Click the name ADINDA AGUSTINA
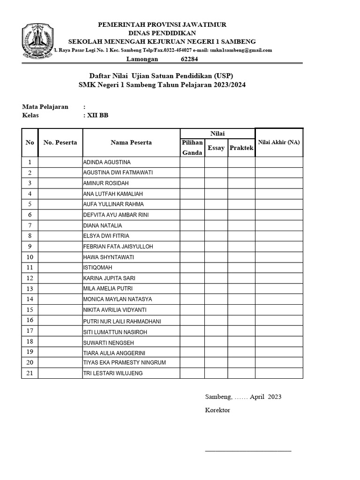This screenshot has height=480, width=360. click(x=106, y=162)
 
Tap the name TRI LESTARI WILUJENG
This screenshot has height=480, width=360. click(x=112, y=373)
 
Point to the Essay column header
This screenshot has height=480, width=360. click(x=216, y=148)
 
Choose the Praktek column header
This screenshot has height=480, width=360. click(x=241, y=148)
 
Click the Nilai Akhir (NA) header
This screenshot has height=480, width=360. click(x=279, y=142)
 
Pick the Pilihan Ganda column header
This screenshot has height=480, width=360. click(x=192, y=147)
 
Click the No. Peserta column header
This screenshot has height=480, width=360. click(x=60, y=142)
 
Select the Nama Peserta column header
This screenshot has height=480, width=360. click(x=131, y=142)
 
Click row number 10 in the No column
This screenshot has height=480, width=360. click(x=30, y=257)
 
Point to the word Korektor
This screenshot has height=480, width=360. click(x=217, y=410)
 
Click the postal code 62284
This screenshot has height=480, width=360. click(x=189, y=59)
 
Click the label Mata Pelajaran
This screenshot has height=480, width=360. click(x=45, y=107)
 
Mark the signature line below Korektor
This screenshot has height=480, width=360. click(x=248, y=450)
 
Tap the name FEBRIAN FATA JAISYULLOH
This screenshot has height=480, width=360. click(x=118, y=247)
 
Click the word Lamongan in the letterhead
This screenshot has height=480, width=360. click(x=142, y=59)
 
